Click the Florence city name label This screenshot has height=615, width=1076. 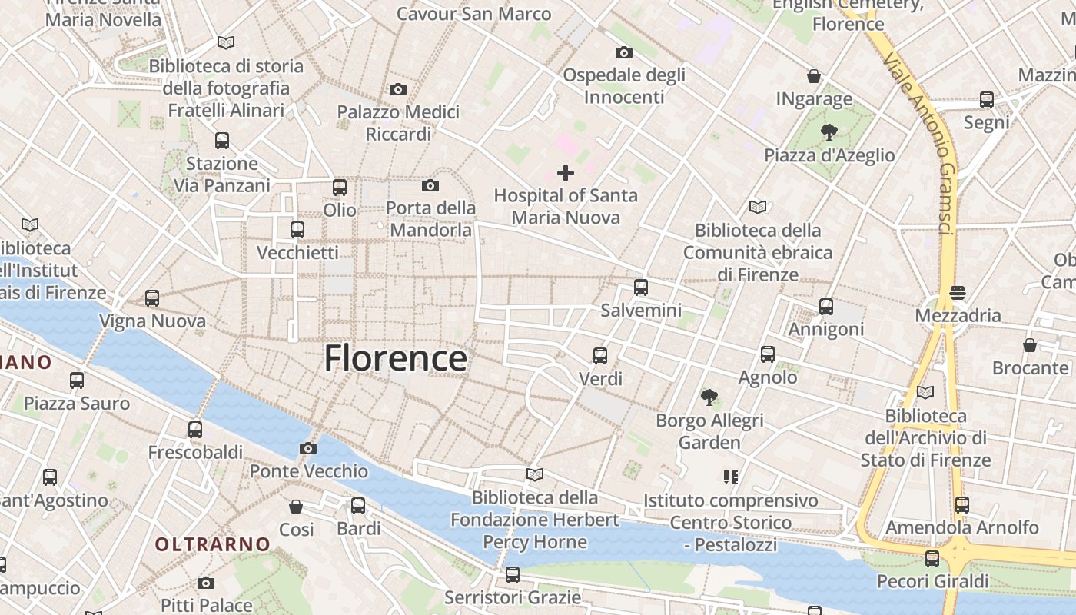coord(395,358)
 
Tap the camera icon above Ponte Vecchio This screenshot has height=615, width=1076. coord(307,449)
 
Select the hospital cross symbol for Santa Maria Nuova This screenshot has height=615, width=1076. coord(566,173)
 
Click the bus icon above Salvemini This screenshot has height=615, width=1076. coord(641,288)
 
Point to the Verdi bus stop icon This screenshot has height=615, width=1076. coord(600,356)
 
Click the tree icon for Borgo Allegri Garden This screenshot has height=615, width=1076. coord(709,397)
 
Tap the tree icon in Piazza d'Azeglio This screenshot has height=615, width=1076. coord(829,132)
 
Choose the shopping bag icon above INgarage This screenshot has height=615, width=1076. coord(814,76)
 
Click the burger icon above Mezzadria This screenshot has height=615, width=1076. coord(958,292)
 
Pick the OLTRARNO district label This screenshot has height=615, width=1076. coord(213,544)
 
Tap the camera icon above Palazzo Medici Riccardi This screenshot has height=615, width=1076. coord(397,89)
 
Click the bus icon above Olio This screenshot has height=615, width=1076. coord(339,187)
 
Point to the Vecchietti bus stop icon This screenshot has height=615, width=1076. coord(297,229)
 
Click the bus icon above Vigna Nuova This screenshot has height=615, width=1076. coord(152,298)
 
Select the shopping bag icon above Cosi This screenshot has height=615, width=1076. coord(296,506)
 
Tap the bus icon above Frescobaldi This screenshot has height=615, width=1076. coord(195,429)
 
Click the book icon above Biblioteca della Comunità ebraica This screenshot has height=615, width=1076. coord(758,207)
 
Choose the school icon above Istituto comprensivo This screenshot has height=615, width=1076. coord(730,477)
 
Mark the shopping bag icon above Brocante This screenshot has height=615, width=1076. coord(1030,345)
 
